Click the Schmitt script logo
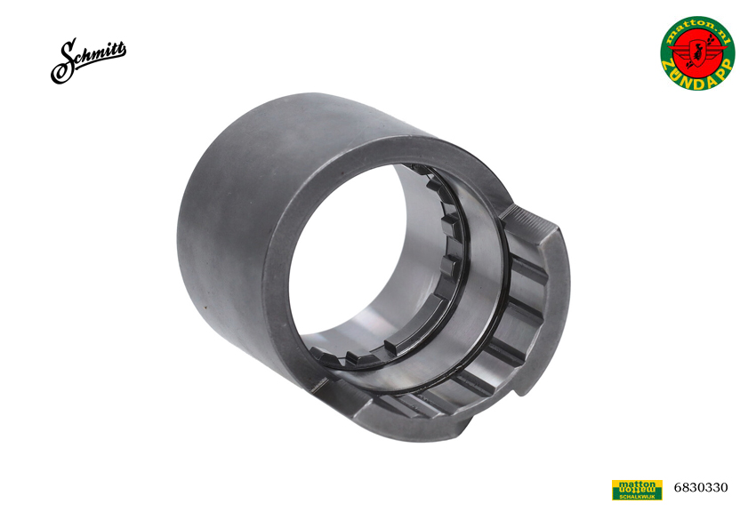coord(88,60)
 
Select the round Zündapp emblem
coord(697,53)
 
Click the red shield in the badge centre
coord(697,53)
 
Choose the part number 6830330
coord(701,487)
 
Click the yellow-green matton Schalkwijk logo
coord(637,490)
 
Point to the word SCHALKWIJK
coord(637,496)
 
